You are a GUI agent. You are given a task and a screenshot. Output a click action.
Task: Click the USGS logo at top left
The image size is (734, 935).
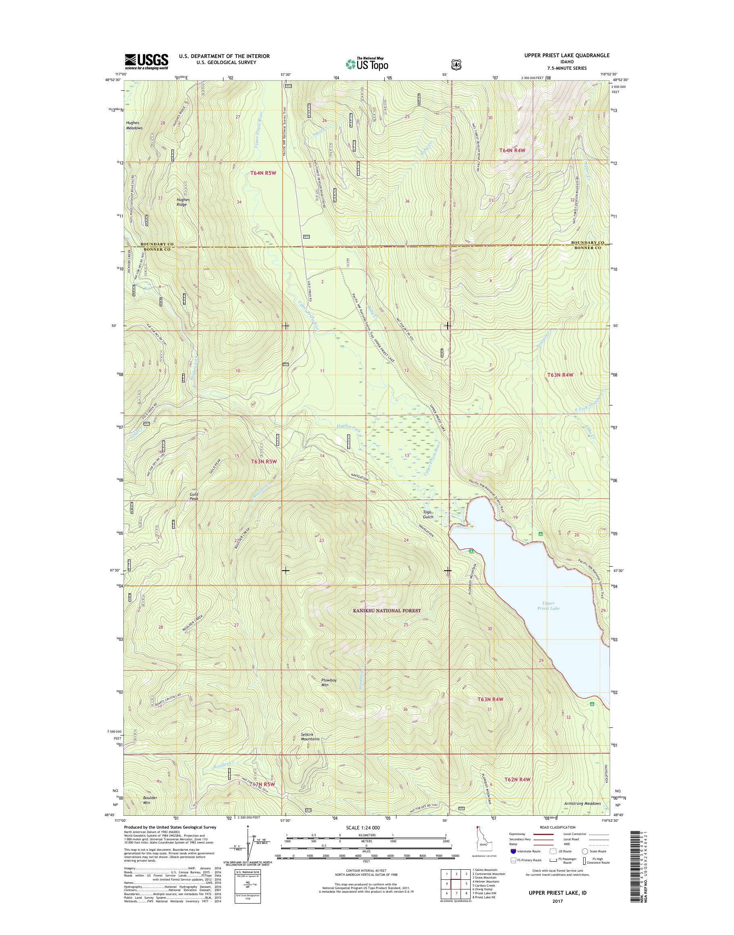(146, 61)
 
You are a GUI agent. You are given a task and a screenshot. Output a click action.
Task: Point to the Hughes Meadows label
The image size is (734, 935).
(135, 125)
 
